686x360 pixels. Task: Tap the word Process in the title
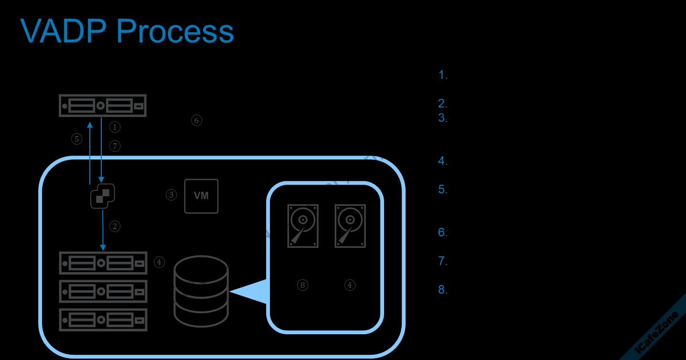pos(175,32)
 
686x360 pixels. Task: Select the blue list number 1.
pos(443,75)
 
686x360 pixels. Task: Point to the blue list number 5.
pos(443,190)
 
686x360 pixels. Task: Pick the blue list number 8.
pos(443,290)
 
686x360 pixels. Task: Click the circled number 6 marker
pos(196,120)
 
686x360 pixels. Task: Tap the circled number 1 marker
pos(115,127)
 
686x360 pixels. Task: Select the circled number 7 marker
pos(115,146)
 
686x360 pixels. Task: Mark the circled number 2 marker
pos(115,226)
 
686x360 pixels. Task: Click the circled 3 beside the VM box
pos(171,195)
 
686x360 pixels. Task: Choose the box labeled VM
pos(201,196)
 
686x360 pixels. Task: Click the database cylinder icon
pos(201,291)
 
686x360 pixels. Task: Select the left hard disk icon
pos(303,226)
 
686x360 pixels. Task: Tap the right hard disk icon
pos(350,226)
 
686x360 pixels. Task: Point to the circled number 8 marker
pos(302,285)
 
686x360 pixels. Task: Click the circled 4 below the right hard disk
pos(350,285)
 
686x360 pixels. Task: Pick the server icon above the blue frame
pos(102,106)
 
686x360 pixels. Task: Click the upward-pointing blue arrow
pos(90,153)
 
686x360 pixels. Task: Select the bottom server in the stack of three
pos(103,320)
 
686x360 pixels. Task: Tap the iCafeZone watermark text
pos(658,334)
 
